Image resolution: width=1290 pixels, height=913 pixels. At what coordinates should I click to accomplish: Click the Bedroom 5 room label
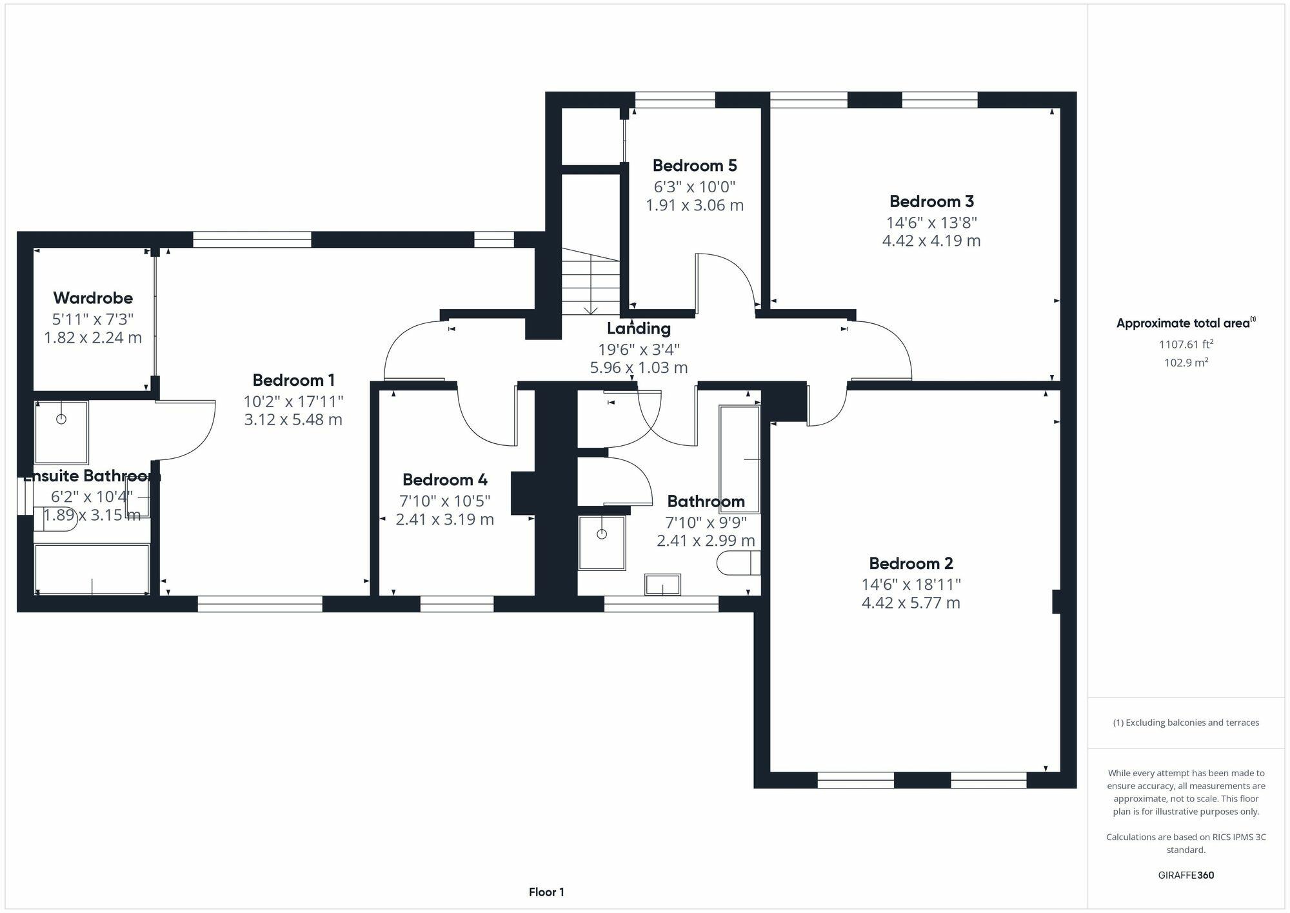coord(694,166)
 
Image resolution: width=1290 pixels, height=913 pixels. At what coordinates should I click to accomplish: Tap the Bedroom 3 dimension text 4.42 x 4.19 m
coord(931,241)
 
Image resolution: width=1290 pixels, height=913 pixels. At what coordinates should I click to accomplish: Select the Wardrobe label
coord(93,298)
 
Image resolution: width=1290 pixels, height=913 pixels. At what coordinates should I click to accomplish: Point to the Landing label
coord(639,328)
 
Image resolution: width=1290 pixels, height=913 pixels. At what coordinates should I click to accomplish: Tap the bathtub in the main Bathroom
coord(740,459)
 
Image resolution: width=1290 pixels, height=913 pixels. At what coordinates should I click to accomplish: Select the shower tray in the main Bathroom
coord(602,543)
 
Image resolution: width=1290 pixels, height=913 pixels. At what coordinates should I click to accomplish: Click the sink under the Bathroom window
coord(662,585)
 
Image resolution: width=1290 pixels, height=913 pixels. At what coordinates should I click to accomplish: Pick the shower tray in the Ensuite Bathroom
coord(61,432)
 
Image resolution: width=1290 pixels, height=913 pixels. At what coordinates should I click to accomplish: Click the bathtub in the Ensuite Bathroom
coord(92,568)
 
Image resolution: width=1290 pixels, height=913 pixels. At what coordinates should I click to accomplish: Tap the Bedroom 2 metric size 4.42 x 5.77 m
coord(910,603)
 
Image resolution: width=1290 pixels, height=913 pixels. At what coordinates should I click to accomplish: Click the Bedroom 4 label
coord(444,480)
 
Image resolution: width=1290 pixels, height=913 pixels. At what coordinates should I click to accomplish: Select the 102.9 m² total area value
coord(1186,363)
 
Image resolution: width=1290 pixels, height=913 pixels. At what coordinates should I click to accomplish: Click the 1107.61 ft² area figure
coord(1186,345)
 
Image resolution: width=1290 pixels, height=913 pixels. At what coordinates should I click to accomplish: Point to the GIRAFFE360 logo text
coord(1186,875)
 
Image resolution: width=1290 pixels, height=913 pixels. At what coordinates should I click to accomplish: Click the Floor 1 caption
coord(546,892)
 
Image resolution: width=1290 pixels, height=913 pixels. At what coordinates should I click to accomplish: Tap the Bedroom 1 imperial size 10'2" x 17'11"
coord(293,401)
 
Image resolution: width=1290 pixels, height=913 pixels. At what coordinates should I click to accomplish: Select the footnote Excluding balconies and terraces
coord(1186,723)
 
